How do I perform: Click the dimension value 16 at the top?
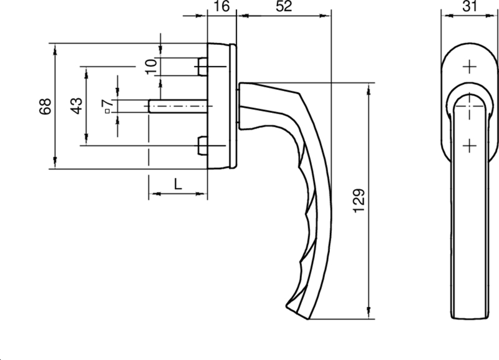tap(221, 7)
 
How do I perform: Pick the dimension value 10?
tap(150, 66)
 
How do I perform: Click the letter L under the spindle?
tap(177, 184)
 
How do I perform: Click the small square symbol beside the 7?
tap(107, 112)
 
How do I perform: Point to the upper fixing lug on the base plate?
tap(201, 66)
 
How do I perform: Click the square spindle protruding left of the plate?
tap(178, 107)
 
